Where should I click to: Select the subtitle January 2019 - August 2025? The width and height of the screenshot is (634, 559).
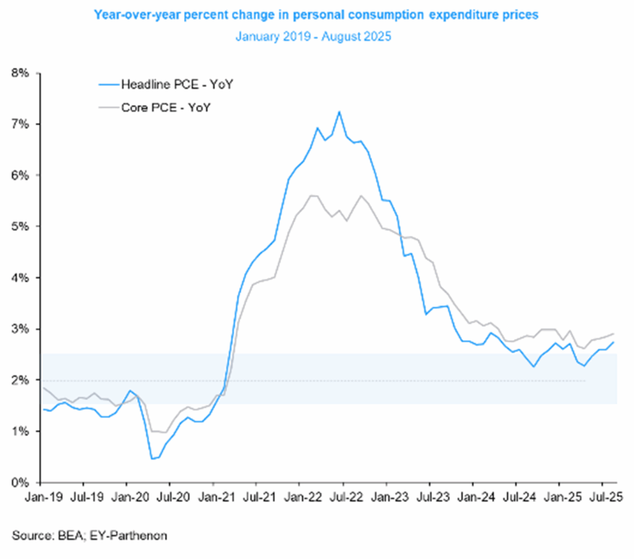(x=313, y=37)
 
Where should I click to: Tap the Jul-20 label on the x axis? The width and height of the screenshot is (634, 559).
(x=170, y=497)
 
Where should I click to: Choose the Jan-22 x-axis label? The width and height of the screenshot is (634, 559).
(x=300, y=497)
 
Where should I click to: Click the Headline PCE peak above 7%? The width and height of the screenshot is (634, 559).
(x=339, y=112)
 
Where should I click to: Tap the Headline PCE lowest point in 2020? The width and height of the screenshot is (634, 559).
(x=152, y=459)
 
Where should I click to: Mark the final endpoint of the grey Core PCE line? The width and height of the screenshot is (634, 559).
(x=614, y=334)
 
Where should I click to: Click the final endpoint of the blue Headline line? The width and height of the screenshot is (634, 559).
(x=614, y=342)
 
